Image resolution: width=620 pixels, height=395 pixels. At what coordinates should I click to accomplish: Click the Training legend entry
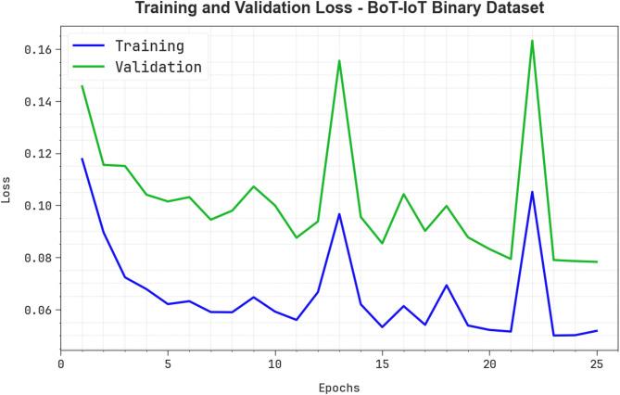point(148,45)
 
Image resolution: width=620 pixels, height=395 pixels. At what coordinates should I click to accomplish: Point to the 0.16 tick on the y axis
point(38,49)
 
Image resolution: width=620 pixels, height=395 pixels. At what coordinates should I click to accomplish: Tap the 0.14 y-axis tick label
point(38,101)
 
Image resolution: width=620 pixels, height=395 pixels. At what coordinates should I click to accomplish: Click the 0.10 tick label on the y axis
point(38,205)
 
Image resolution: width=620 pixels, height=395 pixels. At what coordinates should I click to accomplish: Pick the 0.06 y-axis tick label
point(38,310)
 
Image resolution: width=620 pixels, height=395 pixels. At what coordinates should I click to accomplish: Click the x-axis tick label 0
point(61,365)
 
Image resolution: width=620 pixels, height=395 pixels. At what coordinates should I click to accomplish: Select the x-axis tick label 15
point(382,365)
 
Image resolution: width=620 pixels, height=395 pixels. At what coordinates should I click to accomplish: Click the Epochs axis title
point(338,388)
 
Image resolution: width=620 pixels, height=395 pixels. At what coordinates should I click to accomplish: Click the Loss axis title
point(7,191)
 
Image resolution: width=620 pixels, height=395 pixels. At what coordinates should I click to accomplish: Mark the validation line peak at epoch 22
point(532,40)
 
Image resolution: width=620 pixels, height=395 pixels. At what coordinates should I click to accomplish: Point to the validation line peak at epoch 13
point(339,60)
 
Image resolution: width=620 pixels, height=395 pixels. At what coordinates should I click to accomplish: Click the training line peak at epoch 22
point(532,192)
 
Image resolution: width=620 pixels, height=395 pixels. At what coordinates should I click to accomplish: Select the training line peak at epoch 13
point(339,214)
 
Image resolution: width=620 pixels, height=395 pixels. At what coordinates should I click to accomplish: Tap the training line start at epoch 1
point(82,159)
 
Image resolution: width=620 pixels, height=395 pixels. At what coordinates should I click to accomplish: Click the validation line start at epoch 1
point(82,86)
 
